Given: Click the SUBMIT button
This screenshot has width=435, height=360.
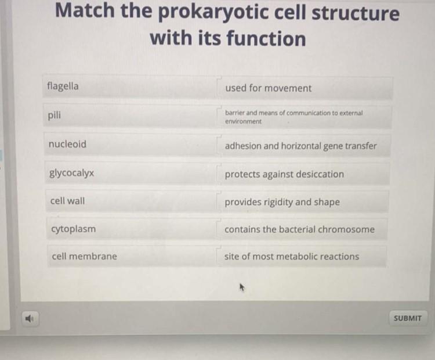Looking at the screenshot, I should (x=407, y=318).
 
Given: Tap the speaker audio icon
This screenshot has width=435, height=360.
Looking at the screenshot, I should (x=30, y=318).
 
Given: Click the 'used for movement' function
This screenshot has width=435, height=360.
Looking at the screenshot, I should (x=305, y=88).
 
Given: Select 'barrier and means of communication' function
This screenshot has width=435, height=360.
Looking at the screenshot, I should (x=305, y=117).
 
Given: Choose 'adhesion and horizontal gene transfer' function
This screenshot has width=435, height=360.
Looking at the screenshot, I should (x=305, y=146).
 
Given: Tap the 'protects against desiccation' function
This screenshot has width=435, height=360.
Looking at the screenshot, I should (x=305, y=174).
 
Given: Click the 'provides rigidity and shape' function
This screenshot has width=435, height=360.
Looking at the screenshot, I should (x=305, y=202).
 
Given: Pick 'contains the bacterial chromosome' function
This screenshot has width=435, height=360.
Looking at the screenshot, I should (x=305, y=229).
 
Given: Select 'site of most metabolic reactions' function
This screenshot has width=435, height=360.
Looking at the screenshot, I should (x=305, y=257).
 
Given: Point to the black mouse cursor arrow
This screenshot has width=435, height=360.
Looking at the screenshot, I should (x=240, y=286).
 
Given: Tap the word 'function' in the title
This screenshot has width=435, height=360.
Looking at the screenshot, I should (x=266, y=39).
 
